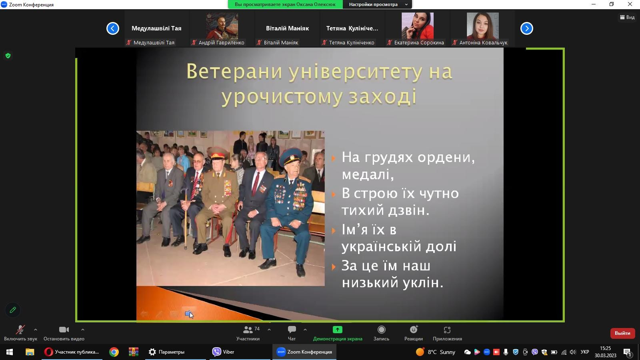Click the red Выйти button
[x=622, y=333]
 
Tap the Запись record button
[x=382, y=330]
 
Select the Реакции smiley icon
[x=414, y=330]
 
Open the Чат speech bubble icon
[x=292, y=330]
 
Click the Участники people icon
[x=248, y=330]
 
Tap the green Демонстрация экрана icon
[x=338, y=330]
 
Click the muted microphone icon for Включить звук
[x=20, y=330]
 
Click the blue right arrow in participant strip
[x=526, y=28]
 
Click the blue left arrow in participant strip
[x=112, y=28]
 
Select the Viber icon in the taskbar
[x=216, y=352]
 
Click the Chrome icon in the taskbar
[x=114, y=352]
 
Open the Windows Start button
[x=10, y=352]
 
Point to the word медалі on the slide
[x=368, y=174]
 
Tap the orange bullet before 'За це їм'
[x=334, y=267]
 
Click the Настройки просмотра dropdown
[x=377, y=4]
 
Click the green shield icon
[x=8, y=56]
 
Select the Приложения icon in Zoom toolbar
[x=447, y=330]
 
